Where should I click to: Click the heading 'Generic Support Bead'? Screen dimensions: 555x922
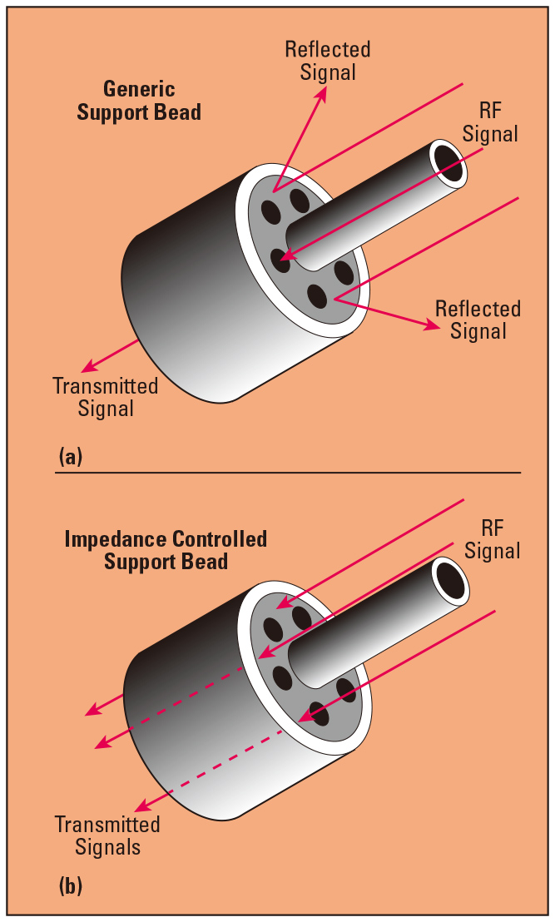139,101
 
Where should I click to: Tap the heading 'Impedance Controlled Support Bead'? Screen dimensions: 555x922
166,550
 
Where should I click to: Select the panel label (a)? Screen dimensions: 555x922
71,456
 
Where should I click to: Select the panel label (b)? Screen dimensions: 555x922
71,885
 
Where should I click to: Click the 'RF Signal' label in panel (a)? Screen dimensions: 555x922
490,121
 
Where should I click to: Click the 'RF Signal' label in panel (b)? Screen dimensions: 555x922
493,539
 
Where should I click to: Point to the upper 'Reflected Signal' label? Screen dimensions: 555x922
328,61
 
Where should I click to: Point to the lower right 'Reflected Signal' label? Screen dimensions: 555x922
478,320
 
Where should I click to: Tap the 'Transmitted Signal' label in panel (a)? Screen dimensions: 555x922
106,397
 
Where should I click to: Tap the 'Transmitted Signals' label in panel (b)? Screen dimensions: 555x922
107,835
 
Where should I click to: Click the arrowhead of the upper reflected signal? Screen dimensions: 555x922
321,94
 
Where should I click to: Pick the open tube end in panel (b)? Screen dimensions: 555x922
450,580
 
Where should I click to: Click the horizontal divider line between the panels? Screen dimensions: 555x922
288,472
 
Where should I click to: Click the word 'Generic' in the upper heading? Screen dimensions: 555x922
139,89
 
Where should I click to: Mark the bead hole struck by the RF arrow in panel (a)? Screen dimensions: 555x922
281,260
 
